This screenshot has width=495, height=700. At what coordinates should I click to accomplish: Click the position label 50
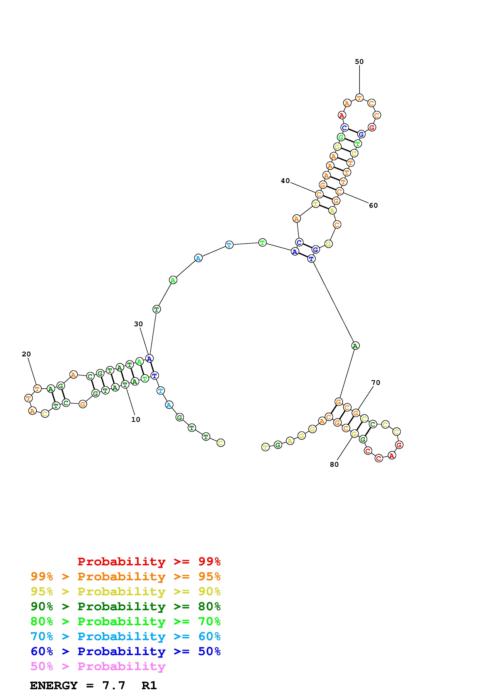(359, 62)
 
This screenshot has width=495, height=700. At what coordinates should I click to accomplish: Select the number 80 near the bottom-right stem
(334, 464)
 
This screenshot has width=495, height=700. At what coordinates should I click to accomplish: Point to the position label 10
(136, 419)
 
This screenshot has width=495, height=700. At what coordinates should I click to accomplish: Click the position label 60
(373, 206)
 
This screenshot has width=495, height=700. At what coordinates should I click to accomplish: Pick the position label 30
(138, 324)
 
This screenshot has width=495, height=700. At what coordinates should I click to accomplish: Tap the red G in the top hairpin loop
(371, 128)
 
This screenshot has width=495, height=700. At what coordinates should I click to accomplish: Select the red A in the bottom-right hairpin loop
(392, 456)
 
